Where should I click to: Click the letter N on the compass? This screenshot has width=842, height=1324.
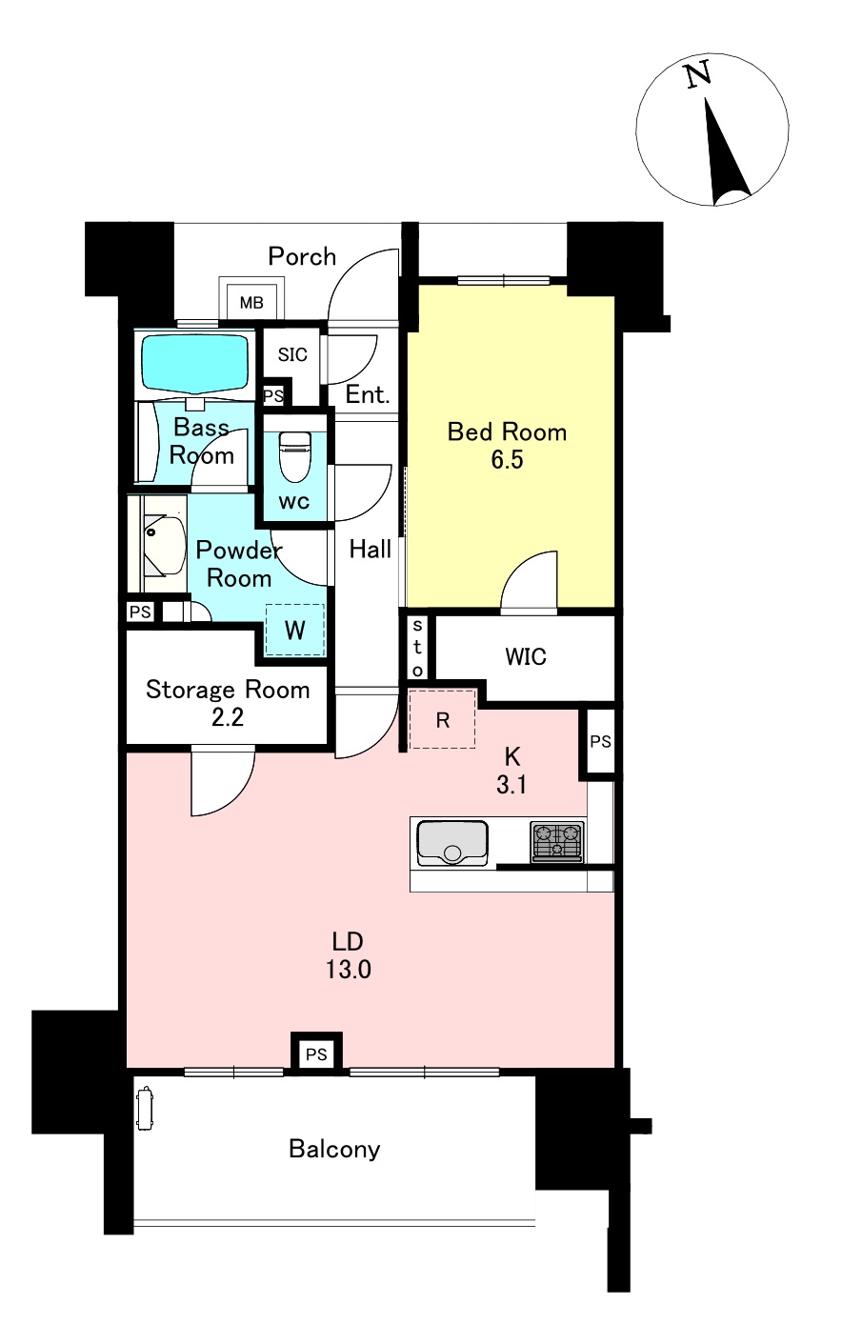tap(697, 75)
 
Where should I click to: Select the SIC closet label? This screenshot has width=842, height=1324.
tap(292, 354)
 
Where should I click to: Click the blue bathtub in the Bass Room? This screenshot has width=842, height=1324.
tap(194, 363)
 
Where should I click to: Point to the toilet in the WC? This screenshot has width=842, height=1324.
tap(294, 456)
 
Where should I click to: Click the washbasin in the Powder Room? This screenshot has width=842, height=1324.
tap(163, 545)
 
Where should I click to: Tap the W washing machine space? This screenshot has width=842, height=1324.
tap(295, 630)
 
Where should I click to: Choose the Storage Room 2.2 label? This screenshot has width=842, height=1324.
tap(228, 703)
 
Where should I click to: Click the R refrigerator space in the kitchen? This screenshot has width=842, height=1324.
tap(443, 719)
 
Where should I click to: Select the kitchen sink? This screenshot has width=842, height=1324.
tap(452, 844)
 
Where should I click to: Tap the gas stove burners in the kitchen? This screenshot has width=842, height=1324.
tap(556, 842)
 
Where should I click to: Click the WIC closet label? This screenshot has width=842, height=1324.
tap(526, 656)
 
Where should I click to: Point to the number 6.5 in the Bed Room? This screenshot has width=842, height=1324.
tap(507, 460)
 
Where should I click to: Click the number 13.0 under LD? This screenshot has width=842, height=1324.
tap(349, 970)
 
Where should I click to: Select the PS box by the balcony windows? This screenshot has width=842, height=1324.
tap(317, 1053)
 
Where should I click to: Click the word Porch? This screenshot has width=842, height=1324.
tap(302, 256)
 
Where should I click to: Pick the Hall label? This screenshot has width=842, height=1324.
tap(371, 550)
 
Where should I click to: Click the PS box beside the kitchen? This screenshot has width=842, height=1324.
tap(600, 741)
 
